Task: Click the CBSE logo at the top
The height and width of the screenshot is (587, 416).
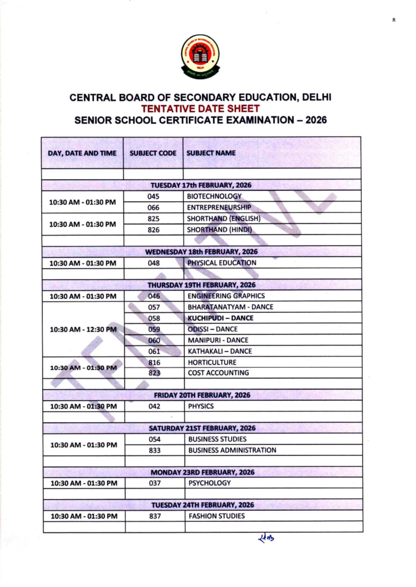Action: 200,56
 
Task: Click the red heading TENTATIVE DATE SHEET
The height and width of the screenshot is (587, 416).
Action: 200,108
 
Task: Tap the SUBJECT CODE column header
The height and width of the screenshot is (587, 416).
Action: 153,153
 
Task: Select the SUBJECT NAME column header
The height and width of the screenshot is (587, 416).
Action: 211,153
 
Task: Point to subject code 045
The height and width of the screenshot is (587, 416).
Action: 153,196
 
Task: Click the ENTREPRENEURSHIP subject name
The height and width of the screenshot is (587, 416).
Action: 219,208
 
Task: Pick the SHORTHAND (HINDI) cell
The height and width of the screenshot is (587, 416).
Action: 219,230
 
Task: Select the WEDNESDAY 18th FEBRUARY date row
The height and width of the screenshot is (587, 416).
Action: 201,252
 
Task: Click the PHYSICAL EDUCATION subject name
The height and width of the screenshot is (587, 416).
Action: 222,263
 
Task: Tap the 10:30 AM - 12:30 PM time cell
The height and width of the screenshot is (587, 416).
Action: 83,329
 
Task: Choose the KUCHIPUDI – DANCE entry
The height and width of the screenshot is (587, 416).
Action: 220,318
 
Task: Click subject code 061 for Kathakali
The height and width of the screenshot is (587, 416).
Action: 154,351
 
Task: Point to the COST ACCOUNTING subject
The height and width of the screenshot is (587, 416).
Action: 218,373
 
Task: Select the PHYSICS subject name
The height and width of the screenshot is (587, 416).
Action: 201,406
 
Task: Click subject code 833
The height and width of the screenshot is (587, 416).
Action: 155,450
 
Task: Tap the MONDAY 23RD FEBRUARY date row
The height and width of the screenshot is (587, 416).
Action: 202,472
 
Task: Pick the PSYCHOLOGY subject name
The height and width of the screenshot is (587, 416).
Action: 209,483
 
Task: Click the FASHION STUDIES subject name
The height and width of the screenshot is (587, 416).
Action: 216,516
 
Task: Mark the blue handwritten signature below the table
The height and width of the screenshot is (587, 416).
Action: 266,538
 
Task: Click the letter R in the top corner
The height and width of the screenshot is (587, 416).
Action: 394,20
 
